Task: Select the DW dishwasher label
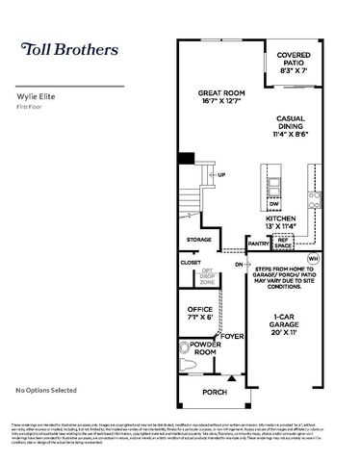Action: click(274, 203)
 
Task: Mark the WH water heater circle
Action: click(312, 258)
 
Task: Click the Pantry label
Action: click(258, 244)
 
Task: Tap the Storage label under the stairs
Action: click(199, 239)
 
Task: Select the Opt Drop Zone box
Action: click(208, 276)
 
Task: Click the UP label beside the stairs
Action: click(221, 174)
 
